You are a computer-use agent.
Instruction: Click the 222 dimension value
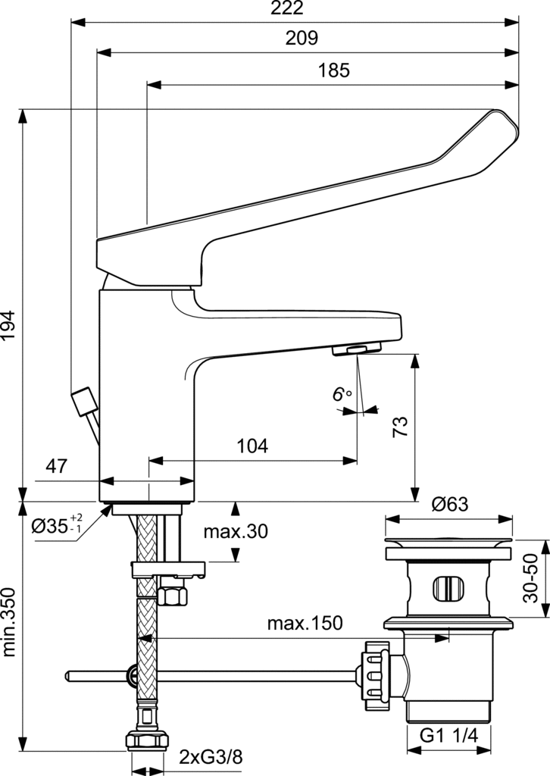286,8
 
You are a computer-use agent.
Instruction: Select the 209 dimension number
302,38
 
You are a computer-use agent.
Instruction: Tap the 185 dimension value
333,71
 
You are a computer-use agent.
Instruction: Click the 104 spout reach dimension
252,446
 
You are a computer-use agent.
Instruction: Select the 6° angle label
342,394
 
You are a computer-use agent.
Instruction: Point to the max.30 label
236,532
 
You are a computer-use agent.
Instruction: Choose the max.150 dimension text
305,602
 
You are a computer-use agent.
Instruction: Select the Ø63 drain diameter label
450,504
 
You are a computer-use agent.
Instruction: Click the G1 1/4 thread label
449,735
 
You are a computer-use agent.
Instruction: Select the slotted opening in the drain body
449,588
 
